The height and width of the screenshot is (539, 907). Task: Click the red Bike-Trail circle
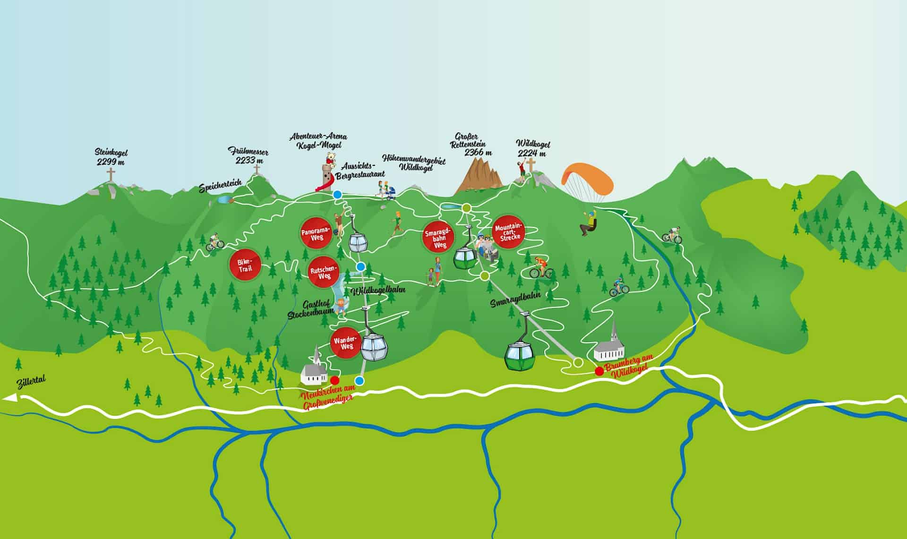245,265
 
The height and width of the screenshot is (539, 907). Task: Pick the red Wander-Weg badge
343,342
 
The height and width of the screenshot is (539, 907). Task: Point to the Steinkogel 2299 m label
111,157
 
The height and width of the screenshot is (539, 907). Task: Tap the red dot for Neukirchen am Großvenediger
335,380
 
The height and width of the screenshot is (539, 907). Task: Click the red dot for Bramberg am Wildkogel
599,371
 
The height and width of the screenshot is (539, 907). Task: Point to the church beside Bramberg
610,345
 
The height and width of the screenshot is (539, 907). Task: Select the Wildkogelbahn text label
379,290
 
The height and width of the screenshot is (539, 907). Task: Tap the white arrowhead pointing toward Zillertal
9,399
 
